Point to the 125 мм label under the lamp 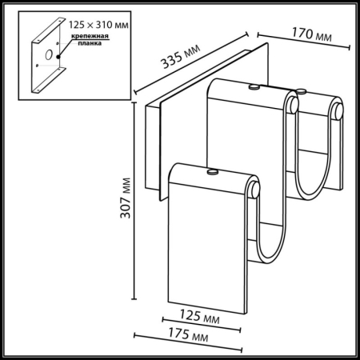pyautogui.click(x=200, y=318)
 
